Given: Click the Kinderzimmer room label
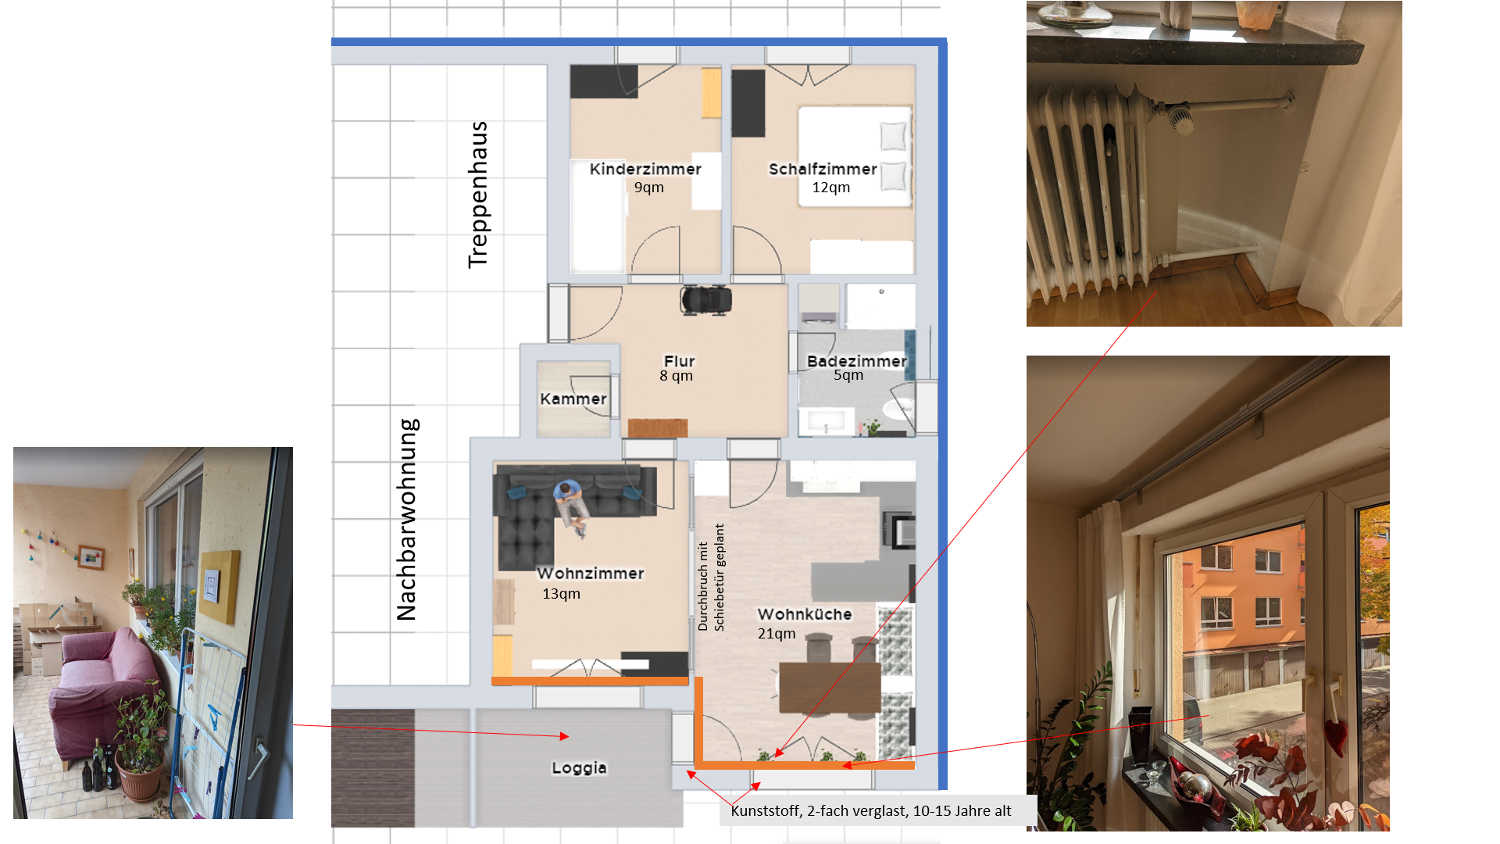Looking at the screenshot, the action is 645,169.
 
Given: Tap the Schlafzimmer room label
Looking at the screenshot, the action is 823,169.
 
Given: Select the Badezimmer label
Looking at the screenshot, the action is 857,361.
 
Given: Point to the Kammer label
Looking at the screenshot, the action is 573,399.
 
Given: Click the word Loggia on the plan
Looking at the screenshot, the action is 579,767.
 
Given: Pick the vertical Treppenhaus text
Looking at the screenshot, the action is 477,195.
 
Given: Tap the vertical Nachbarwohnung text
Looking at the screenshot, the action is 407,520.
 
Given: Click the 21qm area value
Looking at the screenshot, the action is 777,633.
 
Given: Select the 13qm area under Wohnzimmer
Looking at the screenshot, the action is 561,593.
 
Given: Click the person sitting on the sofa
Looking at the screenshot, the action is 570,508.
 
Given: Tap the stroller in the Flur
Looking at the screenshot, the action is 706,299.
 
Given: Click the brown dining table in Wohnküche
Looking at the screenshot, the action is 830,687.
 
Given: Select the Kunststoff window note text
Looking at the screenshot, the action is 870,810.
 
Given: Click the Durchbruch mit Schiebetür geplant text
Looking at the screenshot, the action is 711,578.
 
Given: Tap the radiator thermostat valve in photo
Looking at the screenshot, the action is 1183,120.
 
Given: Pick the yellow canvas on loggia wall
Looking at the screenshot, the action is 219,586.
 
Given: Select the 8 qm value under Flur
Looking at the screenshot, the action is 676,376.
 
